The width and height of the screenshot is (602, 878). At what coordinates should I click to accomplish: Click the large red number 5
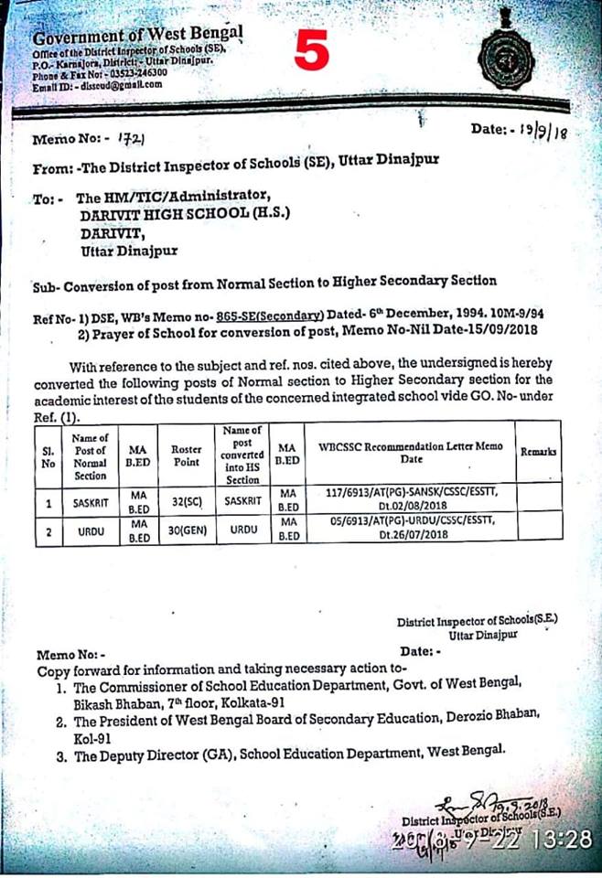point(312,51)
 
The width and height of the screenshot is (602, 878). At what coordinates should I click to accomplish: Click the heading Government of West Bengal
point(137,37)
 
